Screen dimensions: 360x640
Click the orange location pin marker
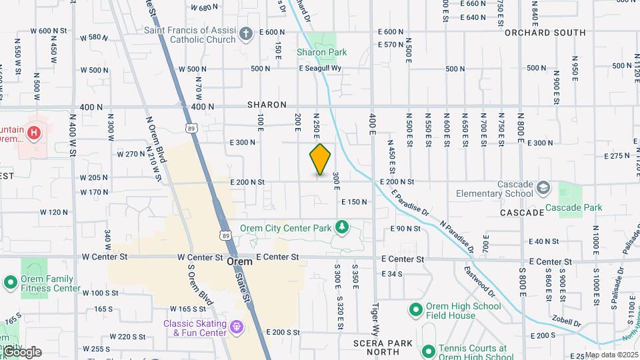tap(320, 159)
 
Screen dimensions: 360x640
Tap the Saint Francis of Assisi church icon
tap(246, 33)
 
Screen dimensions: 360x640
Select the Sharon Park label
tap(321, 52)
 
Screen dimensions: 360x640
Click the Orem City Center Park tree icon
tap(342, 228)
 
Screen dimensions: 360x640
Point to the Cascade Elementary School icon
tap(543, 187)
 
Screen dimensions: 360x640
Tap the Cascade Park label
tap(573, 207)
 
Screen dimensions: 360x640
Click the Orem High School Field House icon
tap(416, 310)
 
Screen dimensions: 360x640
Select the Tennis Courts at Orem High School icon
tap(428, 350)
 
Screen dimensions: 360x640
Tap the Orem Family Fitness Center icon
tap(10, 283)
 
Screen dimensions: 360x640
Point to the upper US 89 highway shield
tap(192, 129)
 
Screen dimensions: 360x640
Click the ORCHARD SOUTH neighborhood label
tap(545, 32)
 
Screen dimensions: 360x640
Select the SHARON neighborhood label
tap(267, 105)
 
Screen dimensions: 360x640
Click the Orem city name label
tap(239, 262)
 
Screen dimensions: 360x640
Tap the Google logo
tap(21, 351)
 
